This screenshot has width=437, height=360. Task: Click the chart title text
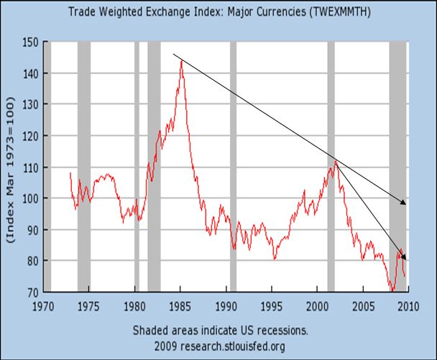(x=218, y=11)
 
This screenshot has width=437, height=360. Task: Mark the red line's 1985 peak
(x=181, y=61)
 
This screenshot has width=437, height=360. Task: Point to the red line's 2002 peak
(x=335, y=161)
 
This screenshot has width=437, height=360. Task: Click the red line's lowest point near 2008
(x=392, y=290)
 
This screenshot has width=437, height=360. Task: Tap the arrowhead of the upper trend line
(x=404, y=203)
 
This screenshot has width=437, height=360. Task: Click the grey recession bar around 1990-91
(x=233, y=165)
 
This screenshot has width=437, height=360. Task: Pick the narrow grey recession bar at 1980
(x=137, y=165)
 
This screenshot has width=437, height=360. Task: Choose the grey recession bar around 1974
(x=83, y=165)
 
